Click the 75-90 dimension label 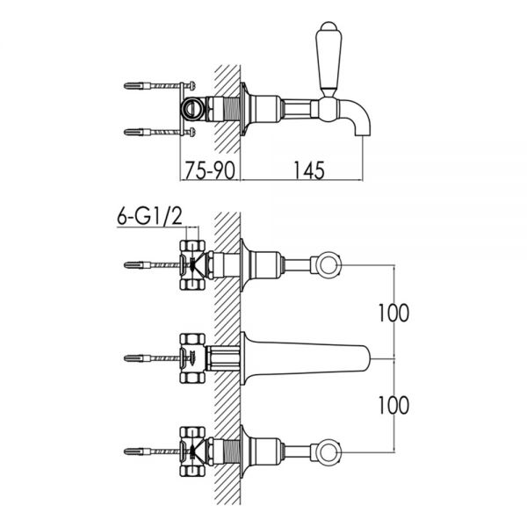click(x=210, y=170)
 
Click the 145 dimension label click(x=309, y=170)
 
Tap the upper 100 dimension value click(x=393, y=313)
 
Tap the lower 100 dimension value click(x=393, y=405)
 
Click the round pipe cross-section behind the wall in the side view click(x=192, y=109)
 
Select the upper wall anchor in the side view click(x=159, y=86)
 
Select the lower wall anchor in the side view click(x=159, y=132)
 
